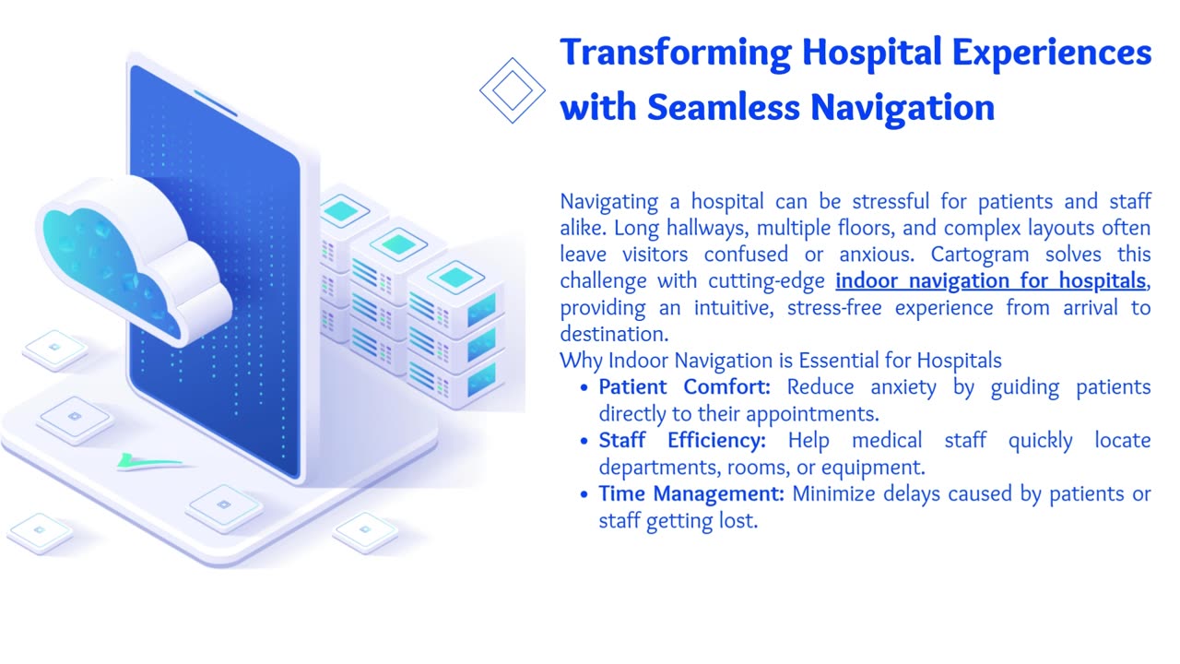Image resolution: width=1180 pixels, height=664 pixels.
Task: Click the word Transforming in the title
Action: tap(676, 53)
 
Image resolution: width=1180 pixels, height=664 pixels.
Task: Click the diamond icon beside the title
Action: tap(512, 90)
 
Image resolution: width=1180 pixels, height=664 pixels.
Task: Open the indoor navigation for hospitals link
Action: tap(990, 281)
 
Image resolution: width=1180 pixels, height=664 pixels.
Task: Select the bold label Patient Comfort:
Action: tap(684, 387)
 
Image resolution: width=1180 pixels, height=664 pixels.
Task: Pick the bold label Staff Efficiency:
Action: tap(682, 441)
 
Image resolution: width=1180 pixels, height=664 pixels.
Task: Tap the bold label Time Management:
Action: tap(691, 494)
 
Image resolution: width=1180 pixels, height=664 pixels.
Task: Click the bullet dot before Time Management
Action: tap(584, 495)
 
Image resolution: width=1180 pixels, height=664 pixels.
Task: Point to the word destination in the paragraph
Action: tap(614, 334)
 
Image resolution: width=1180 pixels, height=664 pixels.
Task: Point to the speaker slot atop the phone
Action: tap(216, 103)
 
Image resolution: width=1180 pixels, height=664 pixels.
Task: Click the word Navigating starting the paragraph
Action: tap(609, 202)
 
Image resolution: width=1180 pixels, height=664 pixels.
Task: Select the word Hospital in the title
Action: tap(871, 53)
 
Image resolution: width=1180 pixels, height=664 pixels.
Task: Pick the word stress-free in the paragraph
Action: tap(834, 308)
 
